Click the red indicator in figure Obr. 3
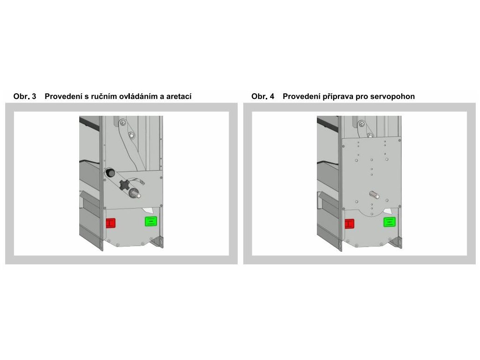[x=111, y=223]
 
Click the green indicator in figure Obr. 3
[x=151, y=221]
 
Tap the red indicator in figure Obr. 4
[x=349, y=224]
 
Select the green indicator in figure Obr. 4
[x=390, y=222]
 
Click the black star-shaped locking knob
[x=125, y=185]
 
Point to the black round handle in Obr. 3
[x=110, y=173]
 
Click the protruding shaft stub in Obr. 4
[x=375, y=195]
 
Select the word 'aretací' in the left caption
[x=179, y=97]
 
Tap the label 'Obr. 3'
[x=25, y=97]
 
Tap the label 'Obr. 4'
[x=263, y=97]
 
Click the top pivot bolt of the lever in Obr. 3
[x=123, y=122]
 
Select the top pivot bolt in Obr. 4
[x=361, y=124]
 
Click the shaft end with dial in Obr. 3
[x=134, y=193]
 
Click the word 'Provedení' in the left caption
[x=63, y=97]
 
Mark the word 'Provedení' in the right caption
[x=301, y=97]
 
